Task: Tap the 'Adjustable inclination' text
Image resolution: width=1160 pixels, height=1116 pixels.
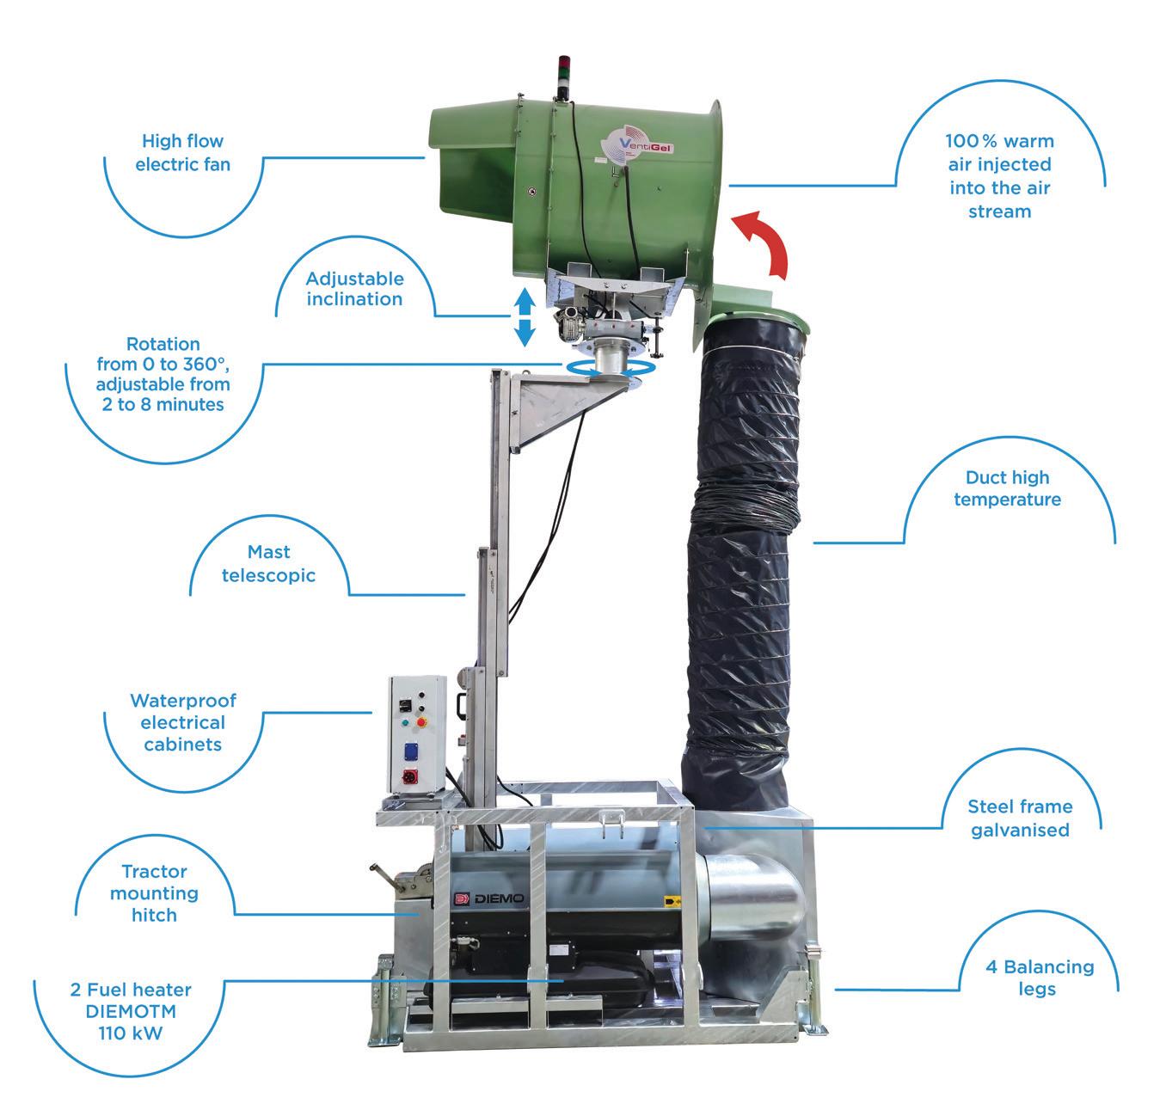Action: click(x=354, y=289)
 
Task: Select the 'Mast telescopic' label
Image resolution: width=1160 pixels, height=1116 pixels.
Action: click(x=268, y=563)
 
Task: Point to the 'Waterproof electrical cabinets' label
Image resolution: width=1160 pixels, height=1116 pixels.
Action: click(x=183, y=722)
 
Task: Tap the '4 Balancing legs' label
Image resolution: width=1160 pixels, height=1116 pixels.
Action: click(x=1039, y=978)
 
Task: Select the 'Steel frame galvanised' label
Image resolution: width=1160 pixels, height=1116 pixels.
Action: click(x=1020, y=818)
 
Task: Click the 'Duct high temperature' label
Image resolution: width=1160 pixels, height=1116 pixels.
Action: click(x=1007, y=488)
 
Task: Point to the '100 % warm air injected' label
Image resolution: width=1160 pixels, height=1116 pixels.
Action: click(x=999, y=175)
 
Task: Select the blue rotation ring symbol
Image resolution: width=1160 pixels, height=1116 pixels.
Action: click(x=610, y=367)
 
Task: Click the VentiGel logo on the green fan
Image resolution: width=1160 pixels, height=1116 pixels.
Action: click(x=638, y=147)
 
